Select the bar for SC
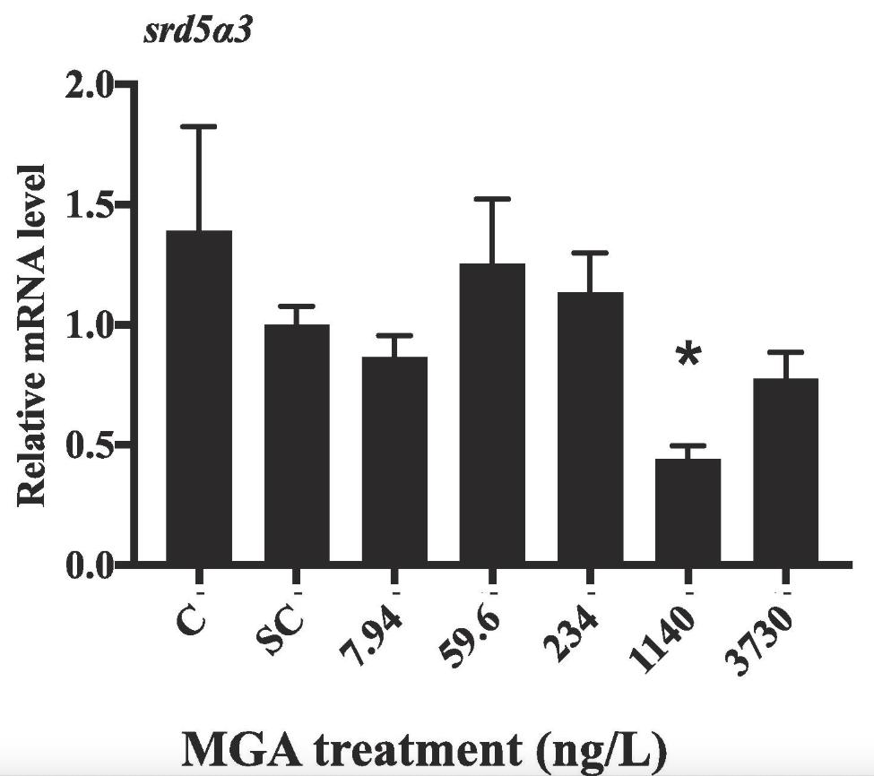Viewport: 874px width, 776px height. point(296,444)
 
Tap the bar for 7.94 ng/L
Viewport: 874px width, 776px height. point(394,461)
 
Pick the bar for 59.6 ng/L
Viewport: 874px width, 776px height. point(492,414)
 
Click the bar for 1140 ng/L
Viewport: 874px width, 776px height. point(688,512)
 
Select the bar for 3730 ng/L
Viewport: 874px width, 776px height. point(785,471)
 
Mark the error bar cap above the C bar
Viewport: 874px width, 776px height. point(199,127)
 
